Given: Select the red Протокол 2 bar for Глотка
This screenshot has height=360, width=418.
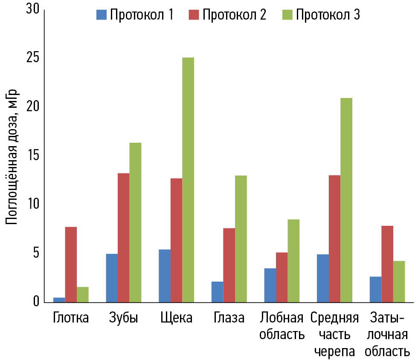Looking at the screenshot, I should pyautogui.click(x=71, y=265).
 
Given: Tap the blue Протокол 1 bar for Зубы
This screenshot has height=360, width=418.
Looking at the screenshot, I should pyautogui.click(x=112, y=278).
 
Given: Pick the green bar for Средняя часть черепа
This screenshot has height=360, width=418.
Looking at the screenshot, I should pyautogui.click(x=346, y=200).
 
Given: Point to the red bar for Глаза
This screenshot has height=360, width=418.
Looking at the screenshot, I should pyautogui.click(x=229, y=265).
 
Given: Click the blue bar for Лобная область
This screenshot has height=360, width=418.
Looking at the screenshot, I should pyautogui.click(x=270, y=285).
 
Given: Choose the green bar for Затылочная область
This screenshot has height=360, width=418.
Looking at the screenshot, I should pyautogui.click(x=399, y=281).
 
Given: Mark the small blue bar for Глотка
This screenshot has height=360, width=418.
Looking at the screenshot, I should pyautogui.click(x=59, y=300).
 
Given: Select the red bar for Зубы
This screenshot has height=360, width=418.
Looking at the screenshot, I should pyautogui.click(x=124, y=238).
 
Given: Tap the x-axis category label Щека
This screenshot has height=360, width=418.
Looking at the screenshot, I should pyautogui.click(x=177, y=318).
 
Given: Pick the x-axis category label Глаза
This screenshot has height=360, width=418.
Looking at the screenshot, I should pyautogui.click(x=229, y=318).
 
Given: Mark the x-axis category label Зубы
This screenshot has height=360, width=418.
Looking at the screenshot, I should pyautogui.click(x=124, y=318).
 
